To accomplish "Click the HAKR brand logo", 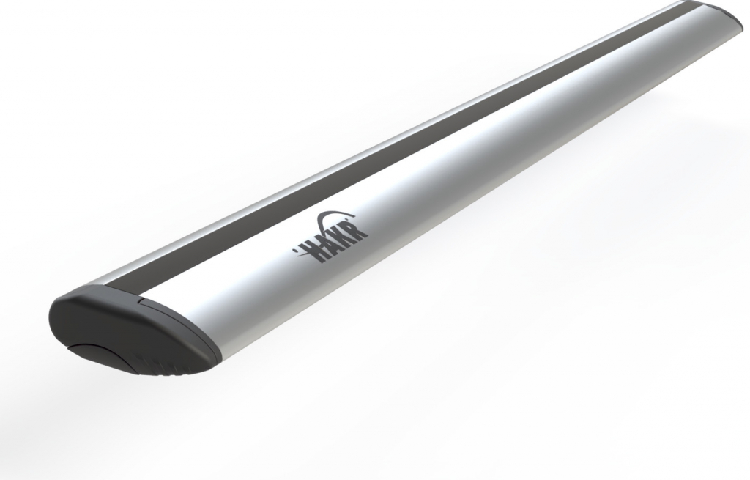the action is (331, 237).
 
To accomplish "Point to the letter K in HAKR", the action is (346, 235).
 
